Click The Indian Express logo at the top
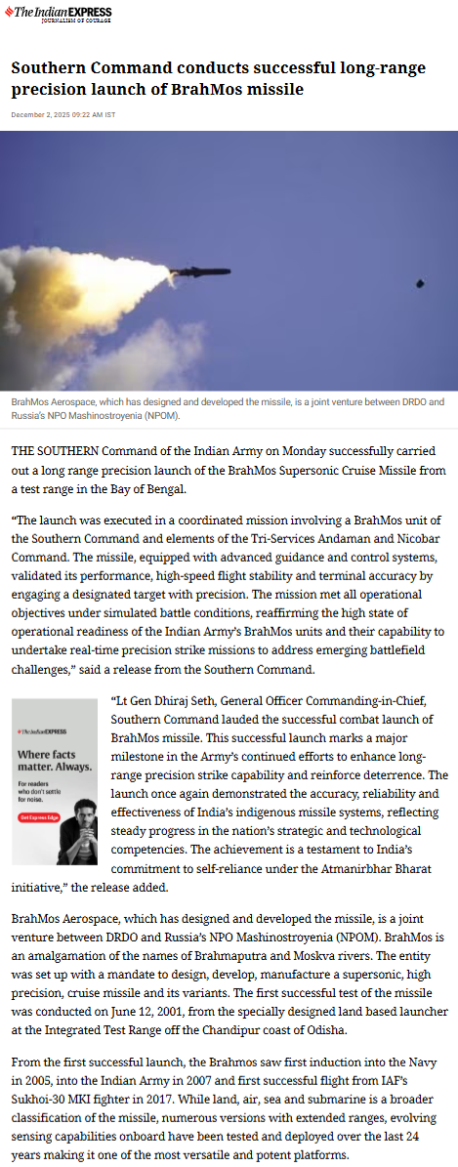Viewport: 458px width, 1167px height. pyautogui.click(x=61, y=13)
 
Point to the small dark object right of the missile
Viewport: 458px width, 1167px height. pyautogui.click(x=420, y=283)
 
